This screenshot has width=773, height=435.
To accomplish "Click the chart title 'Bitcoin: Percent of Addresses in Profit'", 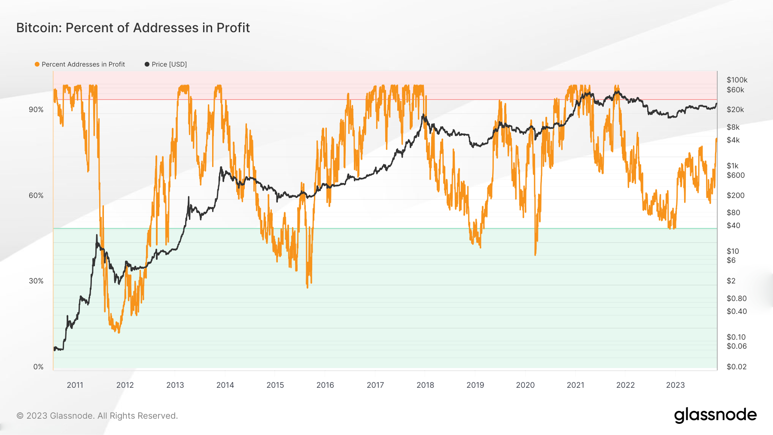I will (133, 28).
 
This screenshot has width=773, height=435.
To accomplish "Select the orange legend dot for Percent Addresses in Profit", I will (37, 64).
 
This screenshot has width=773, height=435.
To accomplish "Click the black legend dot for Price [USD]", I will (147, 64).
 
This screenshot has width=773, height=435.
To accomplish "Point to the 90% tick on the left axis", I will (36, 110).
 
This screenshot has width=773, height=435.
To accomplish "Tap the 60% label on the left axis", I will (36, 195).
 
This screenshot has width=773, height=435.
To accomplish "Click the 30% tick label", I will (36, 281).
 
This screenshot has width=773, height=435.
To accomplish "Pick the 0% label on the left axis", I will (38, 367).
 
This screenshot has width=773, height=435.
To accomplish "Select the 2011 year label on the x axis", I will (75, 385).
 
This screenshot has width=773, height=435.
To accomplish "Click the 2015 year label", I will (275, 385).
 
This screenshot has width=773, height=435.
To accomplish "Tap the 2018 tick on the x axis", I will (425, 385).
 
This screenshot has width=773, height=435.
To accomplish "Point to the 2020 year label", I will (525, 385).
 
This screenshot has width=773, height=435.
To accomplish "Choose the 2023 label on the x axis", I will (675, 385).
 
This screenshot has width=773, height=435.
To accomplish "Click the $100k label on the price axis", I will (737, 80).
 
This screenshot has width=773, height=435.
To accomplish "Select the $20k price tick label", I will (735, 110).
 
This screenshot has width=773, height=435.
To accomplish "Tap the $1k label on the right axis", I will (733, 166).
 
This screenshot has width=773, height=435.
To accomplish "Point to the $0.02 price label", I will (736, 367).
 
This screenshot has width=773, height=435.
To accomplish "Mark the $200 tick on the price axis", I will (736, 195).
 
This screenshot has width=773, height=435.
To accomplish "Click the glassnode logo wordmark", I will (715, 415).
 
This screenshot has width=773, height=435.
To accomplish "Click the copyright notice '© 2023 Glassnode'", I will (97, 416).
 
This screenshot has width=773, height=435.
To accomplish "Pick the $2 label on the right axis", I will (731, 281).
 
